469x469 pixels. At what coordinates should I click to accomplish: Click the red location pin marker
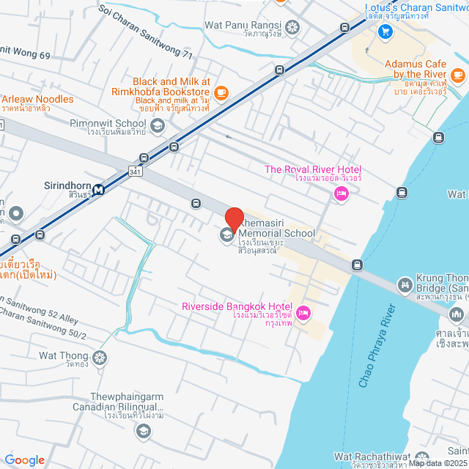pos(234,220)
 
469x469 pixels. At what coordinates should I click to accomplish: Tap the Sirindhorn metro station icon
pos(97,189)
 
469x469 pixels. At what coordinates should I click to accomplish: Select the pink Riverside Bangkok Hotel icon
pos(304,314)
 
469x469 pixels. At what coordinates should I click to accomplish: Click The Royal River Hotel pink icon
pos(340,193)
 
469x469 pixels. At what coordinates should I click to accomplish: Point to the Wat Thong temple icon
pos(99,358)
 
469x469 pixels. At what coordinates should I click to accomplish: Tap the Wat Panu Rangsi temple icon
pos(292,28)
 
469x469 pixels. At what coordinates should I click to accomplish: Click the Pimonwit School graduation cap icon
pos(157,127)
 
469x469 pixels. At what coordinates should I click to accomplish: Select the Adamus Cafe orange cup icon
pos(457,75)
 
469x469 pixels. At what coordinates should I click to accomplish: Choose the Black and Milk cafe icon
pos(221,93)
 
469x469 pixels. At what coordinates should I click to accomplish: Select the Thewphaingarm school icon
pos(142,430)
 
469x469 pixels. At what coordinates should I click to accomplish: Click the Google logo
pos(25,459)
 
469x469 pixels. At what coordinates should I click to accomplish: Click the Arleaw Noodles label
pos(38,99)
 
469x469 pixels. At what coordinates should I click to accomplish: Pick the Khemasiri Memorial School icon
pos(226,235)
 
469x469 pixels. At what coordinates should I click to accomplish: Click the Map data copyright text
pos(438,462)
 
